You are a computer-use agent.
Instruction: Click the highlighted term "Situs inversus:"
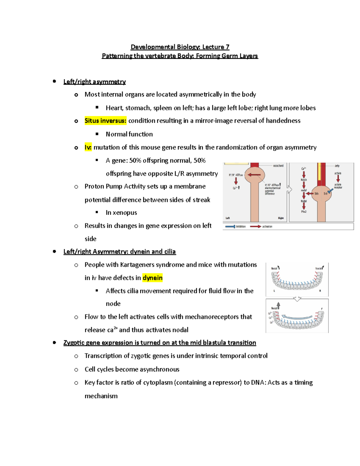(105, 121)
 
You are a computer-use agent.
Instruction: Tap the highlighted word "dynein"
(152, 278)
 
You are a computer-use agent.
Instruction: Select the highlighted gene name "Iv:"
(88, 147)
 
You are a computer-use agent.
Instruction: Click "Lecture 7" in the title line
(216, 47)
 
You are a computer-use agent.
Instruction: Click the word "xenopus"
(124, 213)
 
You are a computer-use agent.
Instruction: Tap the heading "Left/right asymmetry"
(94, 82)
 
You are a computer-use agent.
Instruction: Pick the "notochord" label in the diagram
(278, 166)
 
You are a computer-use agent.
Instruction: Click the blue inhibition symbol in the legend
(230, 227)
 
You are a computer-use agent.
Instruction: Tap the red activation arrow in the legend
(255, 227)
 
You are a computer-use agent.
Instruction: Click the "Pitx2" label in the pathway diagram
(304, 212)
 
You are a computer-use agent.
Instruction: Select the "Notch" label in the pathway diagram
(304, 180)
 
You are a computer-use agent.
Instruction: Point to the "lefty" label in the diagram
(337, 166)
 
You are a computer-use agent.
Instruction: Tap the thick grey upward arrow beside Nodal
(278, 305)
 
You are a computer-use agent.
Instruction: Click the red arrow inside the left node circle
(254, 175)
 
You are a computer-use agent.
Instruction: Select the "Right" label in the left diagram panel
(281, 218)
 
